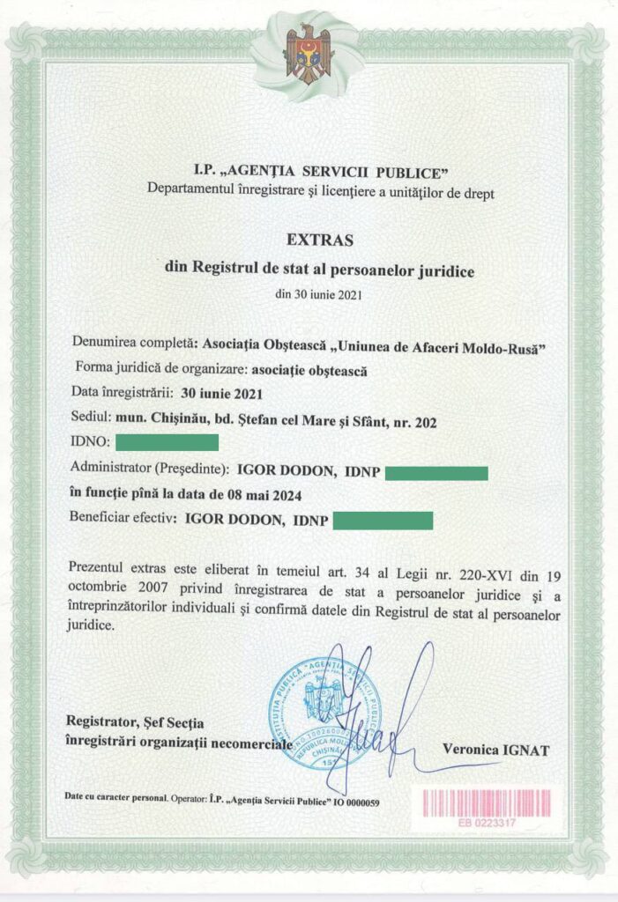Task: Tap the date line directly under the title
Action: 318,293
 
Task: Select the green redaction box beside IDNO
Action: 167,441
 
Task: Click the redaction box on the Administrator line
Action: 436,473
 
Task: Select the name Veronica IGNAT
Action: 495,750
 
